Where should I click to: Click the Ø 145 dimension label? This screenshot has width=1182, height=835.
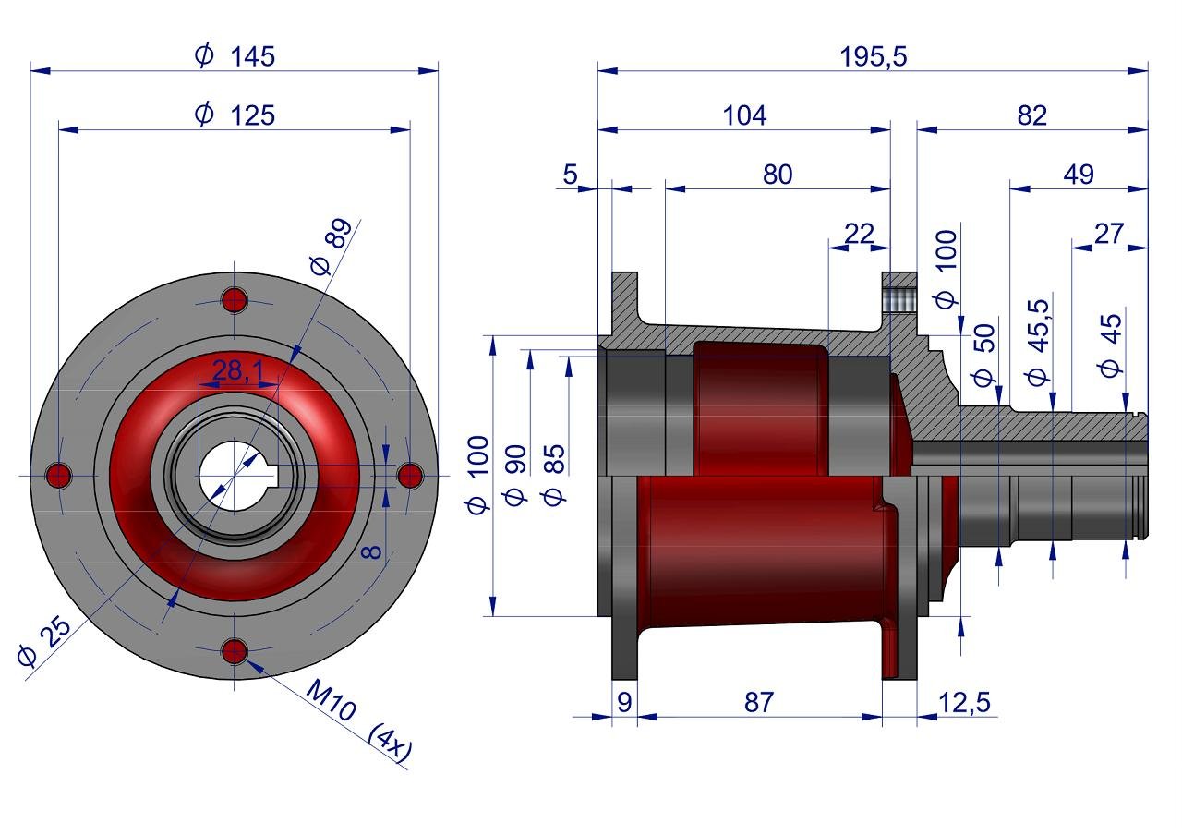[x=235, y=56]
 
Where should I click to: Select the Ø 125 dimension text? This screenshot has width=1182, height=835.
[x=235, y=115]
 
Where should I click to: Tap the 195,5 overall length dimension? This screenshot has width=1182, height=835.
[x=873, y=57]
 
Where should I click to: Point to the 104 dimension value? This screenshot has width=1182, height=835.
[x=744, y=115]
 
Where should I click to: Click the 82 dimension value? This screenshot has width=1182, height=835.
[x=1031, y=115]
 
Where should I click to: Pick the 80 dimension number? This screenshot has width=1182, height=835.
[x=778, y=175]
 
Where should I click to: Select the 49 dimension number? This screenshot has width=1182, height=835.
[x=1078, y=175]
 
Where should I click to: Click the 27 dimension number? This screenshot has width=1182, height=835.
[x=1109, y=234]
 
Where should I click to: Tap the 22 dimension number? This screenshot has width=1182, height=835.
[x=859, y=234]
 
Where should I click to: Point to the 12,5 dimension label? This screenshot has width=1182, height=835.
[x=964, y=702]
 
